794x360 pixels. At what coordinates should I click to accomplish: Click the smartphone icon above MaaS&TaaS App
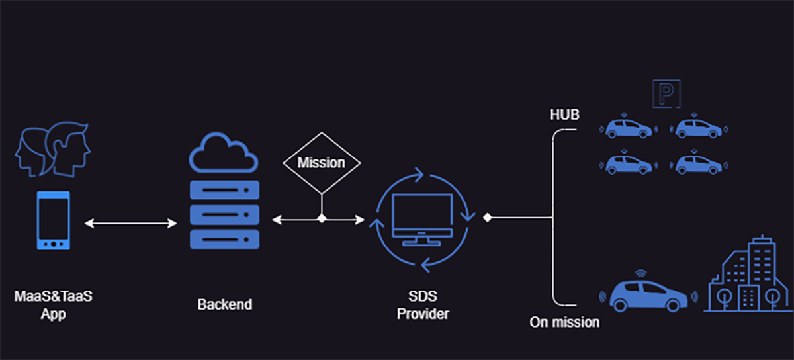pyautogui.click(x=54, y=220)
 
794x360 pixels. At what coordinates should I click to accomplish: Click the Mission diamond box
pyautogui.click(x=322, y=163)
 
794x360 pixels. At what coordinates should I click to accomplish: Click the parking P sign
pyautogui.click(x=666, y=93)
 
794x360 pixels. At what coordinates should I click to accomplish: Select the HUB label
pyautogui.click(x=564, y=115)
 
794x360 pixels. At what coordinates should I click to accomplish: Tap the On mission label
pyautogui.click(x=564, y=322)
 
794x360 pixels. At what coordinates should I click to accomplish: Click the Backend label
pyautogui.click(x=224, y=305)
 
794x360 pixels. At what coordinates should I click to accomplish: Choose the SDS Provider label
pyautogui.click(x=423, y=305)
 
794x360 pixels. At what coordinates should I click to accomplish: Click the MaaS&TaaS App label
pyautogui.click(x=53, y=305)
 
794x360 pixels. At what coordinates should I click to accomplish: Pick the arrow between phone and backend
pyautogui.click(x=131, y=224)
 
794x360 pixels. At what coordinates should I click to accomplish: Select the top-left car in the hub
pyautogui.click(x=629, y=127)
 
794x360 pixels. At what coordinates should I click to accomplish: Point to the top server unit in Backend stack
pyautogui.click(x=224, y=191)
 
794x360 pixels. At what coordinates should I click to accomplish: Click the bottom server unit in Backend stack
pyautogui.click(x=224, y=238)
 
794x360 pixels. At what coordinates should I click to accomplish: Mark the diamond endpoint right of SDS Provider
pyautogui.click(x=487, y=217)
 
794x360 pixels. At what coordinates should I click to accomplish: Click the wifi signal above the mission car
pyautogui.click(x=640, y=273)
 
